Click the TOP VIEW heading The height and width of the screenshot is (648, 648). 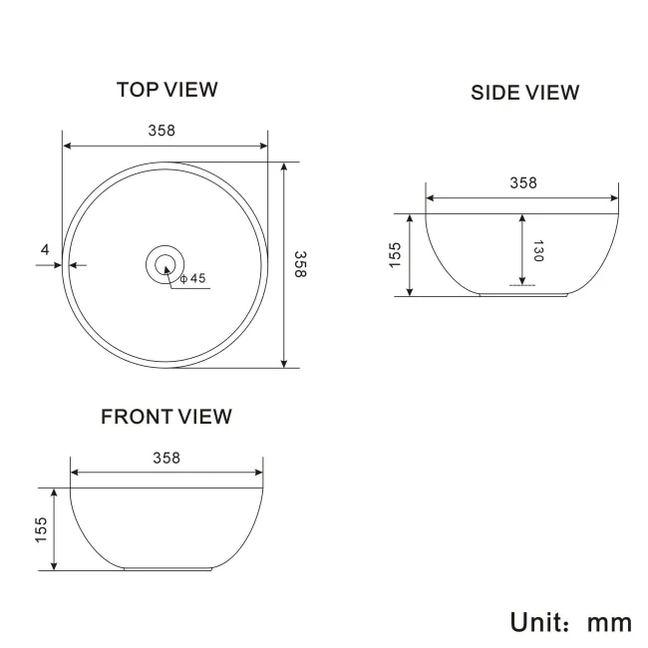[166, 90]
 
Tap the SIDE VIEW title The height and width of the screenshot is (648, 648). [524, 93]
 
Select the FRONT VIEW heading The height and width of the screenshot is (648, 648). [166, 417]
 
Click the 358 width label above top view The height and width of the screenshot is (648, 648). [162, 131]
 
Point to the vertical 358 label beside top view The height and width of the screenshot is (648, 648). [300, 264]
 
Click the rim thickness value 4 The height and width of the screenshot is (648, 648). [45, 249]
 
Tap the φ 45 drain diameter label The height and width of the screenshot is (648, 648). [193, 278]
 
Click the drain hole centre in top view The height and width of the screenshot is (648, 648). [164, 264]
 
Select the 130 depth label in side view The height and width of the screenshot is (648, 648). [537, 250]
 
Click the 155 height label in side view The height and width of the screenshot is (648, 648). [395, 255]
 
